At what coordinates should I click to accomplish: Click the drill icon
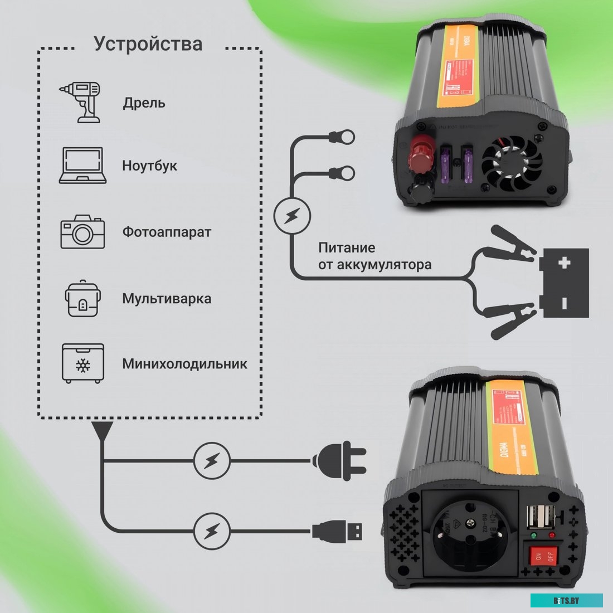pos(81,102)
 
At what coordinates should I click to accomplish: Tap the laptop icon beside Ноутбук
pos(82,166)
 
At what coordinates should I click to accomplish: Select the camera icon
pos(82,231)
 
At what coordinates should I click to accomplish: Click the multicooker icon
pos(82,298)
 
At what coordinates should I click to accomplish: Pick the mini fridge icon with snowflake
pos(82,363)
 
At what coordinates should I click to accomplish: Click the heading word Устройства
pos(148,44)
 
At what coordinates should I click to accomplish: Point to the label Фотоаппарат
pos(167,232)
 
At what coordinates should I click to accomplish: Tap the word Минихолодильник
pos(184,364)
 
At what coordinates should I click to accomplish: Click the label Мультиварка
pos(167,299)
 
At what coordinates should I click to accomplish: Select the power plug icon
pos(339,460)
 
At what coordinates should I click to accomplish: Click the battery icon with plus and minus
pos(565,283)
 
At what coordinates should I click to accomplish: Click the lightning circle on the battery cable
pos(293,216)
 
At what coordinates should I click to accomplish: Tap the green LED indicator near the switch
pos(534,536)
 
